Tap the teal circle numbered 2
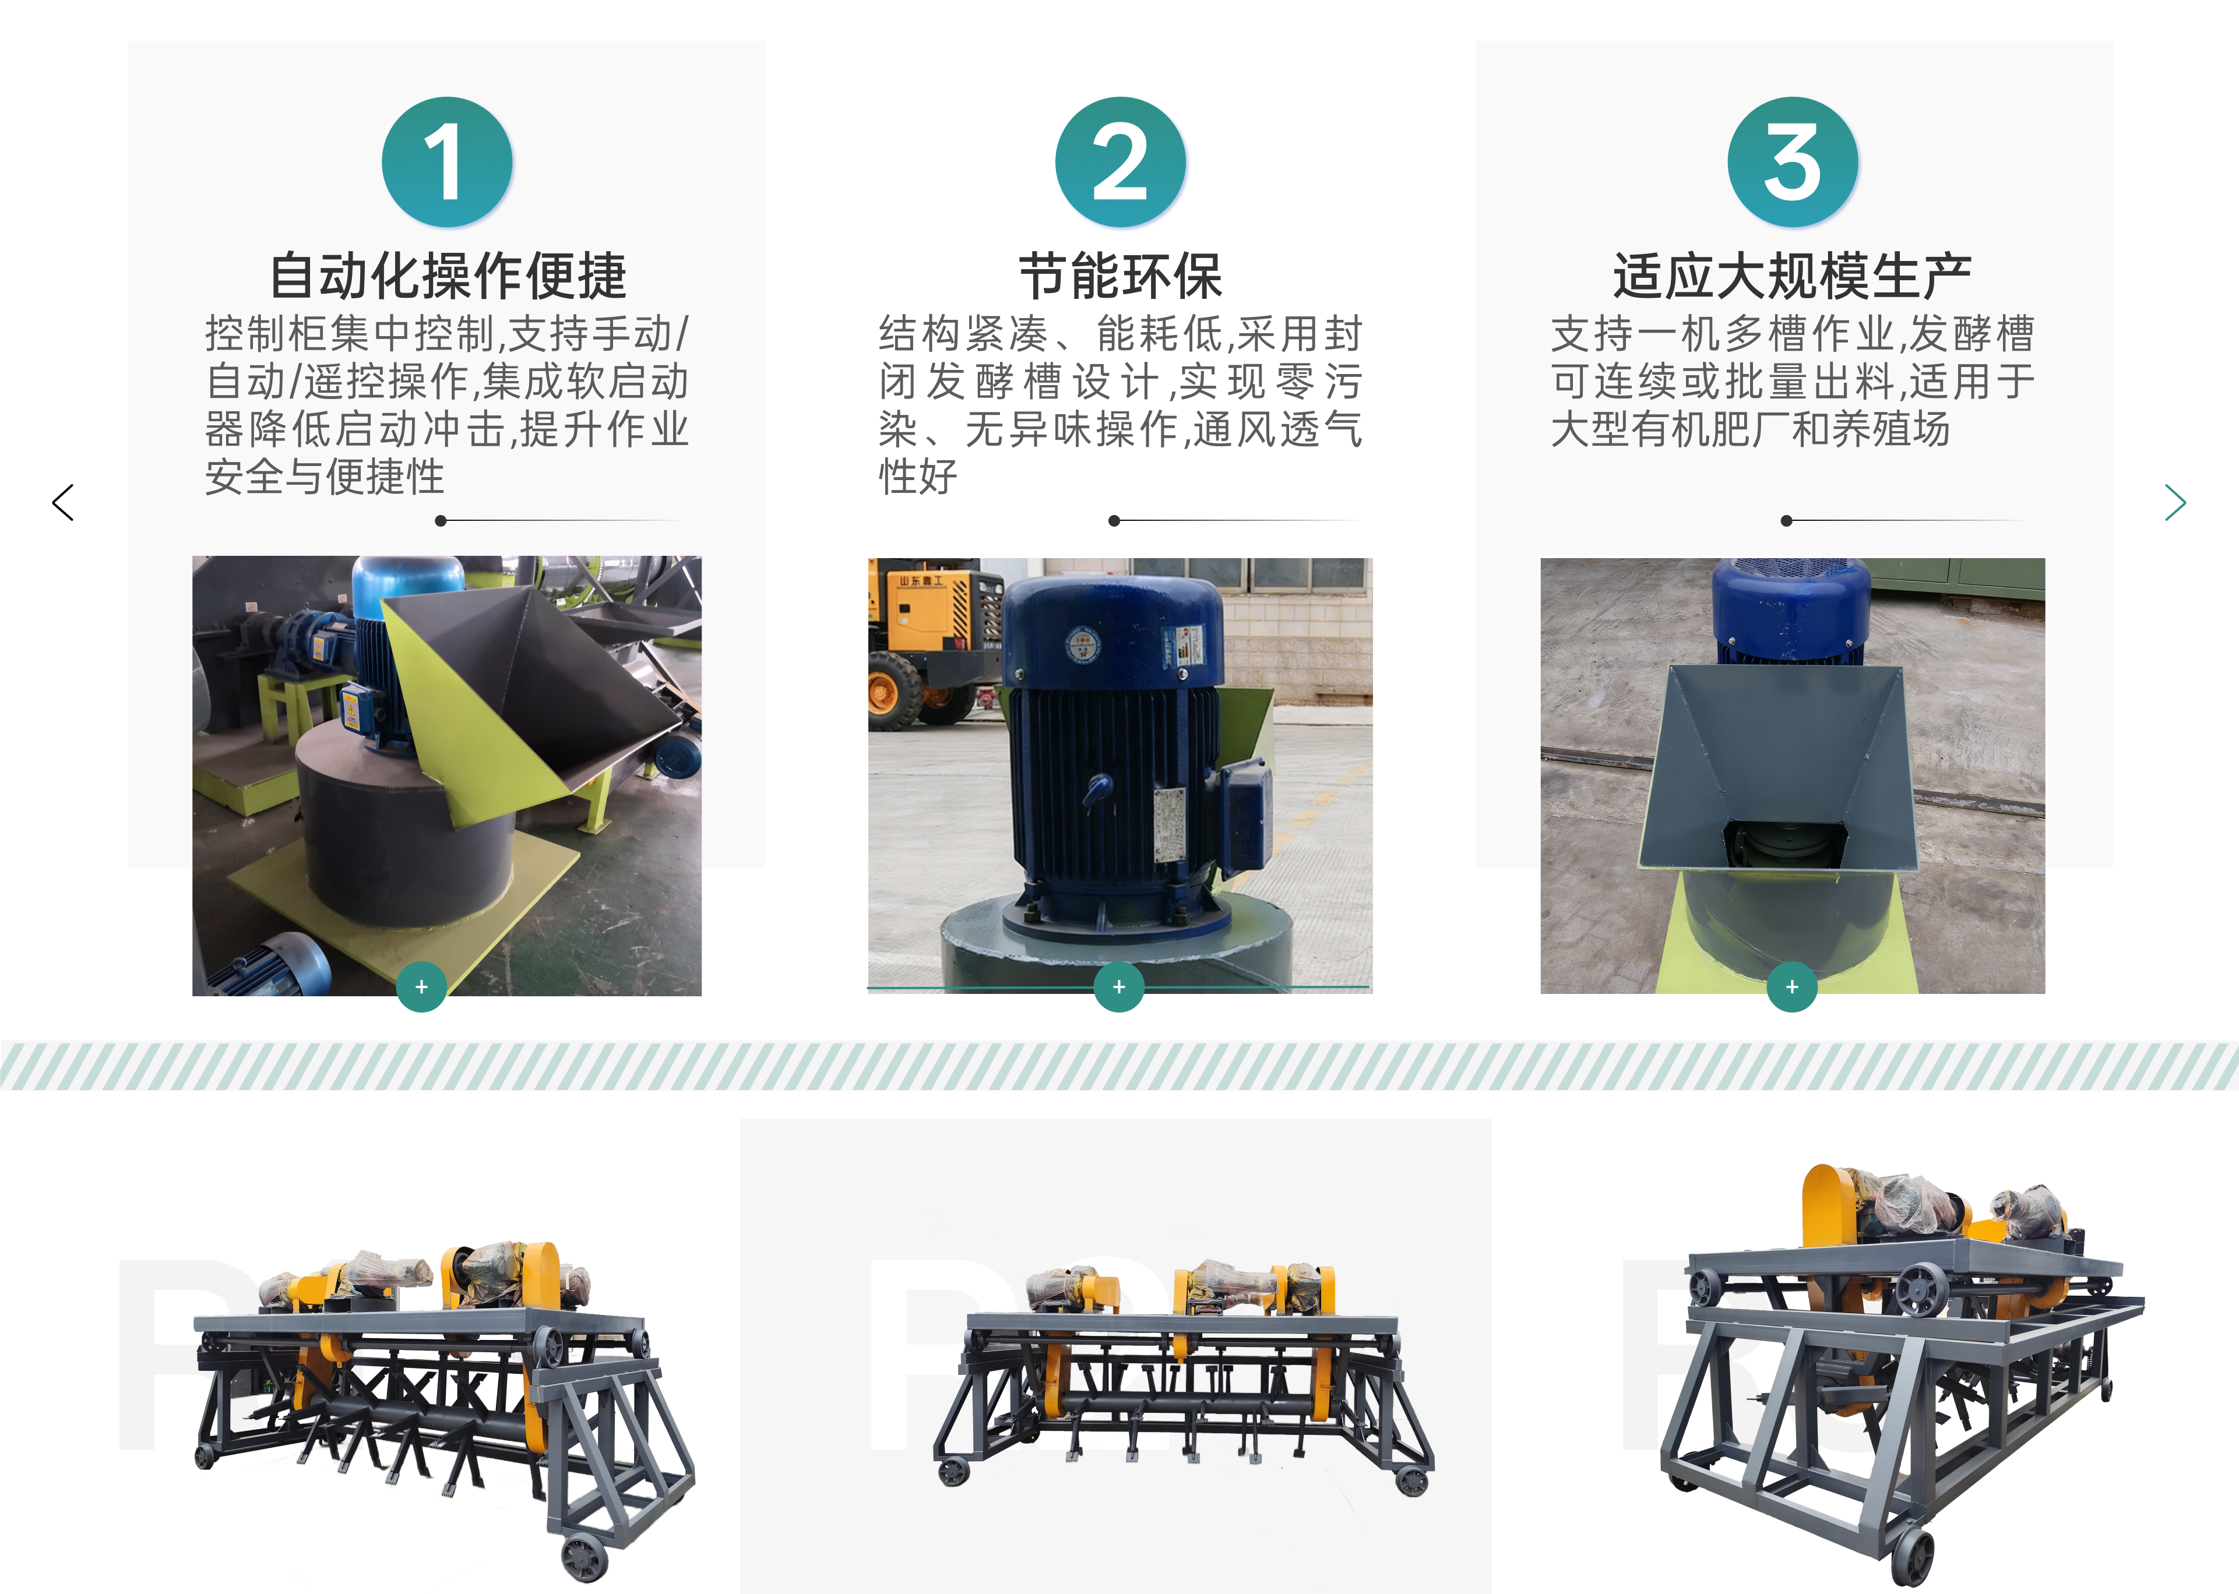pyautogui.click(x=1120, y=162)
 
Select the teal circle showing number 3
pyautogui.click(x=1793, y=162)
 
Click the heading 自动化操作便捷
pyautogui.click(x=448, y=276)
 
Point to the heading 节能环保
pyautogui.click(x=1120, y=276)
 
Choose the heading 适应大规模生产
pyautogui.click(x=1793, y=276)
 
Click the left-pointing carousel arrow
pyautogui.click(x=63, y=503)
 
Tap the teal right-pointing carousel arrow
pyautogui.click(x=2175, y=503)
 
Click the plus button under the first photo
pyautogui.click(x=421, y=986)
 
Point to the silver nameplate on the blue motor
pyautogui.click(x=1169, y=824)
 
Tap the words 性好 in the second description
pyautogui.click(x=918, y=477)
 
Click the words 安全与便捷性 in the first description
pyautogui.click(x=325, y=477)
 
